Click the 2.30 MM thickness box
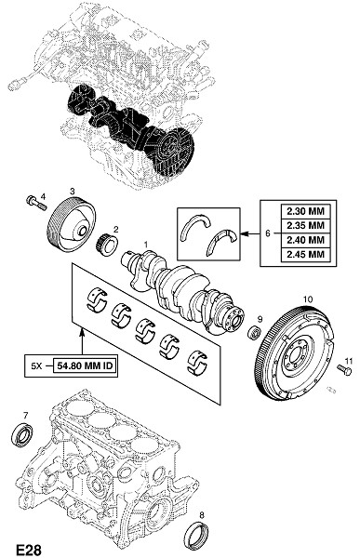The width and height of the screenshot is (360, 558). pyautogui.click(x=306, y=211)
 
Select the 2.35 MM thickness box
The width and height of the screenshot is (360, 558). pyautogui.click(x=306, y=226)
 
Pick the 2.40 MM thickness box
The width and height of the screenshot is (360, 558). pyautogui.click(x=306, y=240)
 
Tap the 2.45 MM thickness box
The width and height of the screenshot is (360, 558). pyautogui.click(x=306, y=255)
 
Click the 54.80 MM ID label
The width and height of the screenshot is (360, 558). pyautogui.click(x=85, y=365)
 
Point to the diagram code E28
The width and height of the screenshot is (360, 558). pyautogui.click(x=29, y=550)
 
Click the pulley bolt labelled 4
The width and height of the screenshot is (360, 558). pyautogui.click(x=36, y=203)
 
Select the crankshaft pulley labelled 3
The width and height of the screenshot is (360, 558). pyautogui.click(x=72, y=225)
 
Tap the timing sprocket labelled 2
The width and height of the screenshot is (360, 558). pyautogui.click(x=108, y=244)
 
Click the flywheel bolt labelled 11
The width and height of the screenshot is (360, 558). pyautogui.click(x=344, y=370)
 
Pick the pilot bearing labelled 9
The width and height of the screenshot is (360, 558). pyautogui.click(x=255, y=332)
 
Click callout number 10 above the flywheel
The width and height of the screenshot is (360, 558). pyautogui.click(x=307, y=299)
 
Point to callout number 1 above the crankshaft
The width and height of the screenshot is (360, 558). pyautogui.click(x=146, y=244)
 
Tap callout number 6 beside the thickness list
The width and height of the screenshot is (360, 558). pyautogui.click(x=268, y=233)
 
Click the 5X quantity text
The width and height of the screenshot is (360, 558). pyautogui.click(x=36, y=365)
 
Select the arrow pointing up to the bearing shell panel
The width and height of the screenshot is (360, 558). pyautogui.click(x=82, y=341)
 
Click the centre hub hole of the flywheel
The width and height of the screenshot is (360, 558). pyautogui.click(x=295, y=356)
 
